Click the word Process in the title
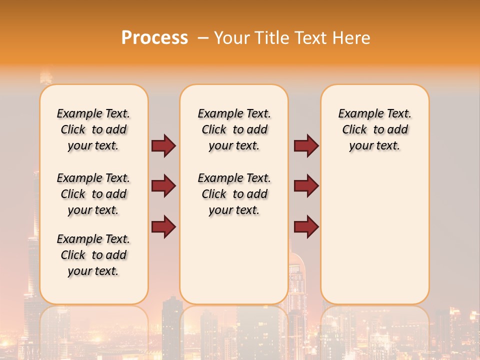tap(154, 37)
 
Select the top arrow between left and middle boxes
tap(163, 145)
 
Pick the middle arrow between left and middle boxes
tap(163, 186)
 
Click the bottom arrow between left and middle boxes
tap(163, 226)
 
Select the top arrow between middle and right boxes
tap(306, 145)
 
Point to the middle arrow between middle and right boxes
tap(306, 186)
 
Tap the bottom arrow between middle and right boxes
tap(306, 226)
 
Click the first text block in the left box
tap(93, 129)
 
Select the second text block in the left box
tap(93, 194)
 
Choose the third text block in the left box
tap(93, 255)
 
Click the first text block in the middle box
tap(234, 129)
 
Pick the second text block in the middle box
tap(234, 194)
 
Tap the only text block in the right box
tap(375, 129)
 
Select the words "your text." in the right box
tap(375, 145)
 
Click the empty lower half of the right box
tap(375, 240)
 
